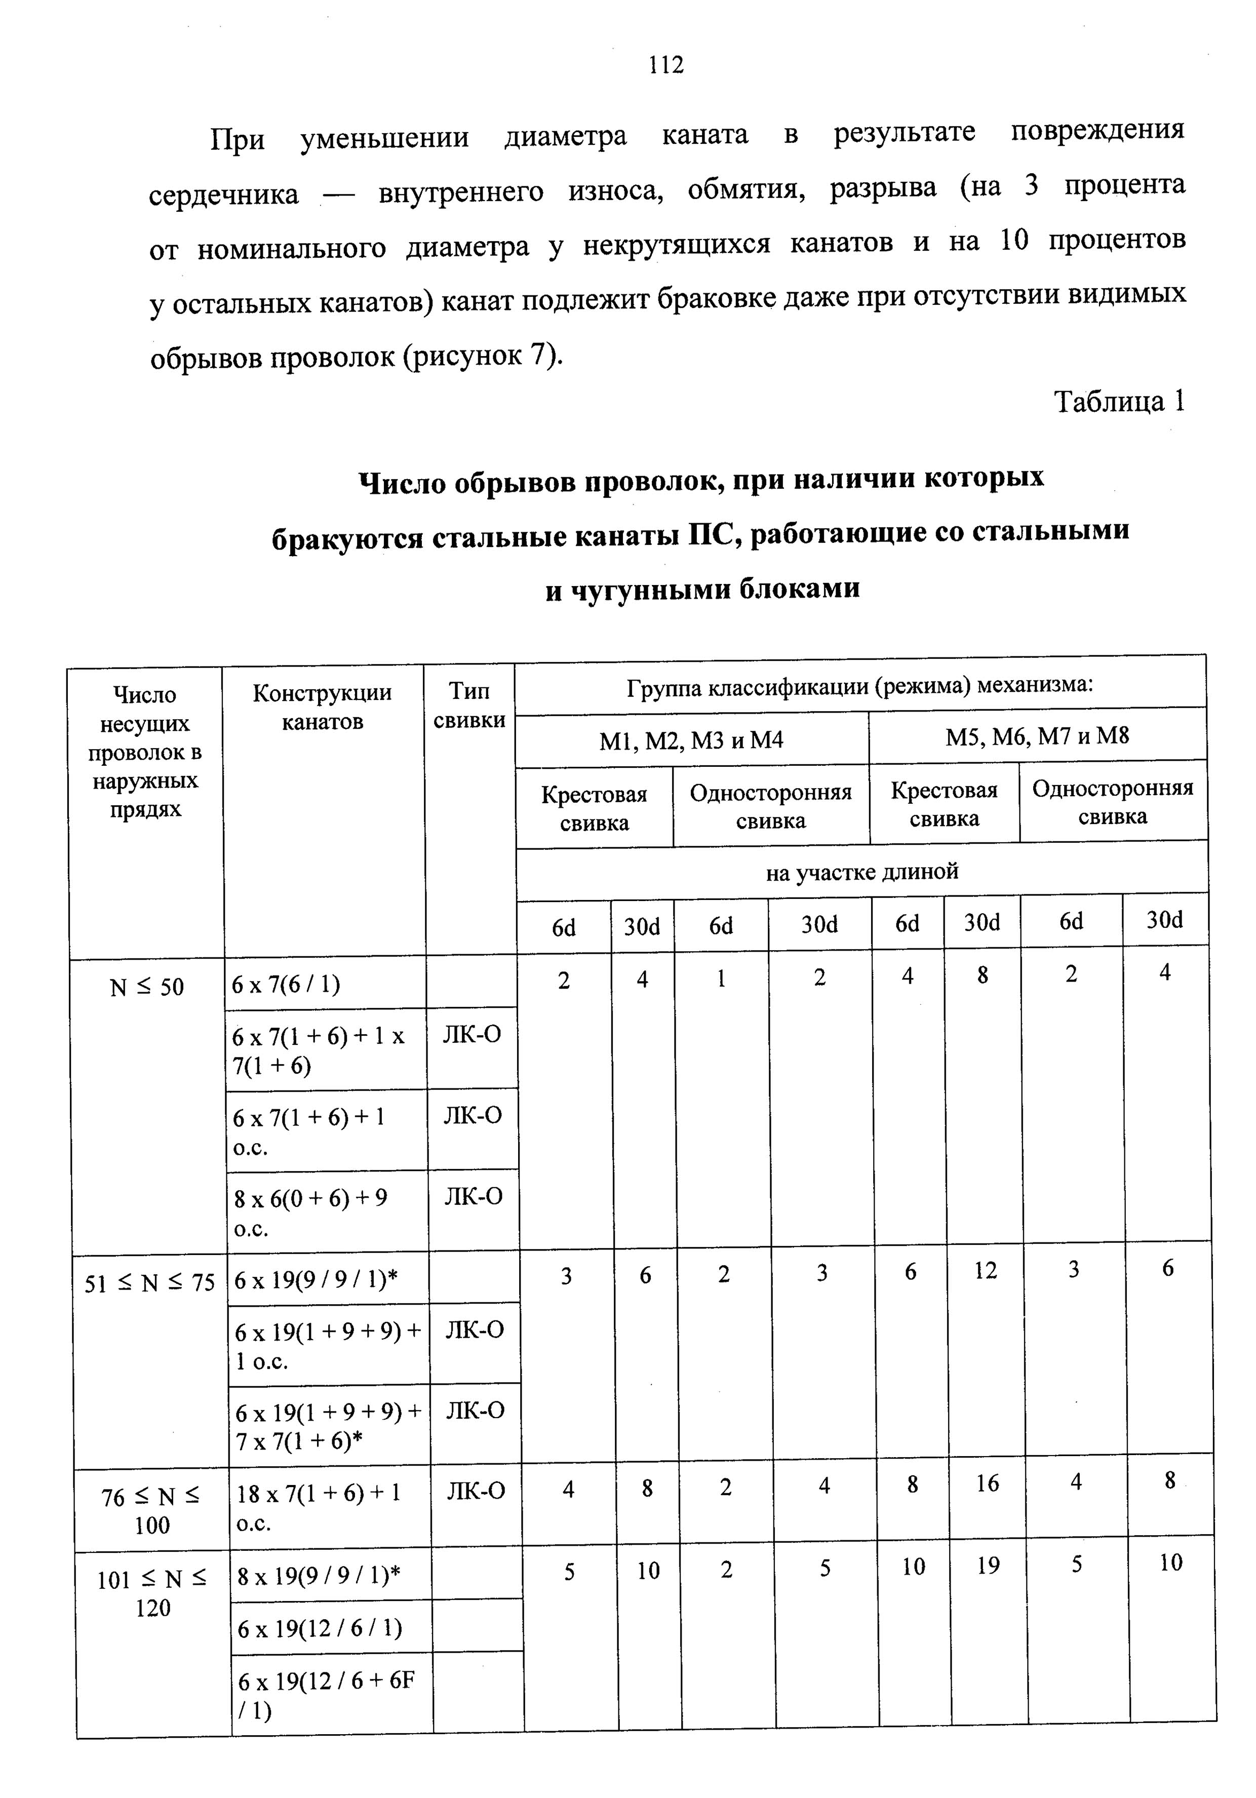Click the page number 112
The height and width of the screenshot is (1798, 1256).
click(666, 64)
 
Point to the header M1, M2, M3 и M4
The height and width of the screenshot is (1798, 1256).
click(691, 739)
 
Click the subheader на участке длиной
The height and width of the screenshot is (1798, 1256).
click(861, 872)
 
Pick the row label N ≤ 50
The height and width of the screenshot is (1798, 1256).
click(147, 988)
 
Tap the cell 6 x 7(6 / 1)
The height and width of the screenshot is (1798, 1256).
click(286, 984)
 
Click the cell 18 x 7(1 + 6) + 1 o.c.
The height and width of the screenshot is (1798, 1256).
click(318, 1507)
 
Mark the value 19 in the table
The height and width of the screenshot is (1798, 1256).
click(988, 1566)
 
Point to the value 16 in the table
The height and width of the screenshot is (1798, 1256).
click(988, 1482)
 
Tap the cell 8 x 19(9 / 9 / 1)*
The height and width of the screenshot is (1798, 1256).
click(319, 1576)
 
